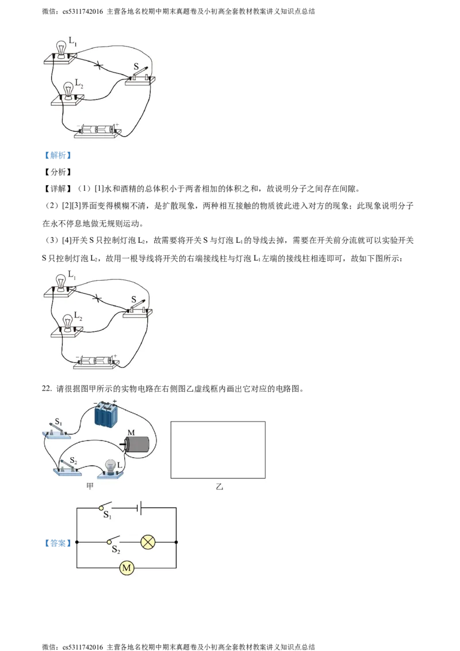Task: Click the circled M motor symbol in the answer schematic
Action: (x=126, y=568)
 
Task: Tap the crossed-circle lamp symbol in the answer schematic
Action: (x=148, y=542)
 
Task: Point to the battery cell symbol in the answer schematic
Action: (x=140, y=508)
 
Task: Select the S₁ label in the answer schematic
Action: (x=107, y=515)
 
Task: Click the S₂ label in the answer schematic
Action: (x=116, y=550)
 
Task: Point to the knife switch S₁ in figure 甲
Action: (x=57, y=430)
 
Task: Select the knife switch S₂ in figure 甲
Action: (x=67, y=466)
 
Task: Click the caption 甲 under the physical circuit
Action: (x=90, y=486)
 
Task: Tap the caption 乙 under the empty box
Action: (x=219, y=486)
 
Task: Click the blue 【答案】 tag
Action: (x=57, y=543)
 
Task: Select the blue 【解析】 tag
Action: (x=57, y=155)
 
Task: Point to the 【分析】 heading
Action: (x=57, y=172)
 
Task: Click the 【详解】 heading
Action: (x=57, y=189)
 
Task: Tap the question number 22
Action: (x=47, y=389)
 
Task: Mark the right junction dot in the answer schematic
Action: (x=176, y=542)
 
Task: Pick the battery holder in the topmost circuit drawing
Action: (x=98, y=131)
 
